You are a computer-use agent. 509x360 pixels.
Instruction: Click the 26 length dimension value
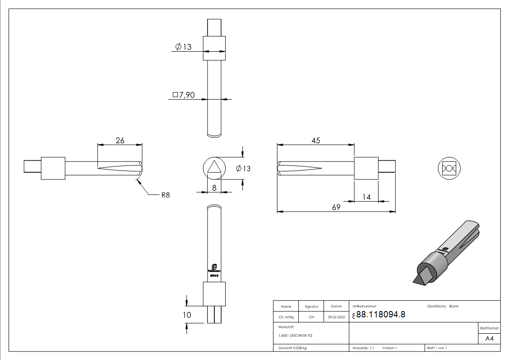120,141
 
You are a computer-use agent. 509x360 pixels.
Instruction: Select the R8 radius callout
165,196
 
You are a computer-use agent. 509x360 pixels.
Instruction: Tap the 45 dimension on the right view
316,141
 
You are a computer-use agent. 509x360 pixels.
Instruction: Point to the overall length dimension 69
336,207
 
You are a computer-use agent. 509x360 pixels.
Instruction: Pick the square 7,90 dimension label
184,95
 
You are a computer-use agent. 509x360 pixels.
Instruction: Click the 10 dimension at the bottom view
187,315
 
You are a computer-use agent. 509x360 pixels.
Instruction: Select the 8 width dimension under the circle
214,187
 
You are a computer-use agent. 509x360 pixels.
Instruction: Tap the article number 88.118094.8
380,315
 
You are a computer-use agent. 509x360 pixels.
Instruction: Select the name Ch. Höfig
286,317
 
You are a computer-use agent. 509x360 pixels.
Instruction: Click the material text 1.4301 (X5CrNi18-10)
296,336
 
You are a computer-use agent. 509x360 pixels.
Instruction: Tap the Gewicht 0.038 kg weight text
292,348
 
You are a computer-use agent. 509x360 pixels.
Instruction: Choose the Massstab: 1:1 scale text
363,348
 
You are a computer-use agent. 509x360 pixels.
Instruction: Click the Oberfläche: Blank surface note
443,306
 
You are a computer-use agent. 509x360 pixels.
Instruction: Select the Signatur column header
311,306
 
